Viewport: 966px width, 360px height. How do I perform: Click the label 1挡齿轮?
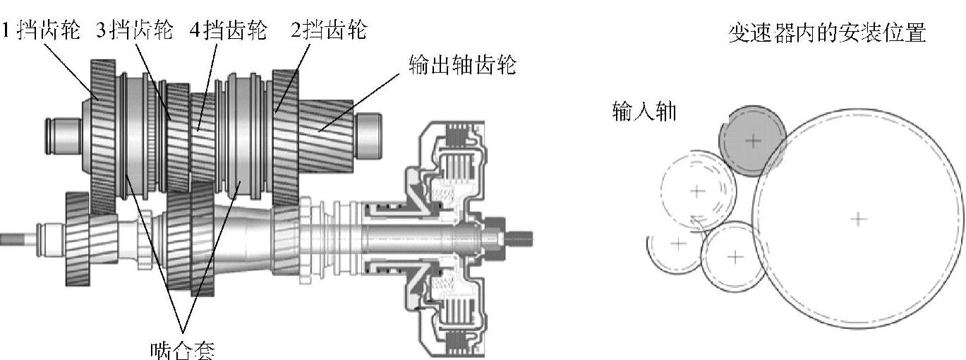pyautogui.click(x=41, y=31)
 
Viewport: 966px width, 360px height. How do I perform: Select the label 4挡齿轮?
pyautogui.click(x=230, y=31)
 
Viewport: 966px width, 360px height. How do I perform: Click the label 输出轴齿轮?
pyautogui.click(x=463, y=65)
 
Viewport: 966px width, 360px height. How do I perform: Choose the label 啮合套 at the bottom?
pyautogui.click(x=182, y=349)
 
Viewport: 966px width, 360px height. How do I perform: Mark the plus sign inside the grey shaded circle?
pyautogui.click(x=754, y=141)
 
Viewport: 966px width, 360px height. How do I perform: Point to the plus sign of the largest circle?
pyautogui.click(x=858, y=219)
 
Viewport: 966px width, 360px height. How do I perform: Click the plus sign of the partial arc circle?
pyautogui.click(x=678, y=244)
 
